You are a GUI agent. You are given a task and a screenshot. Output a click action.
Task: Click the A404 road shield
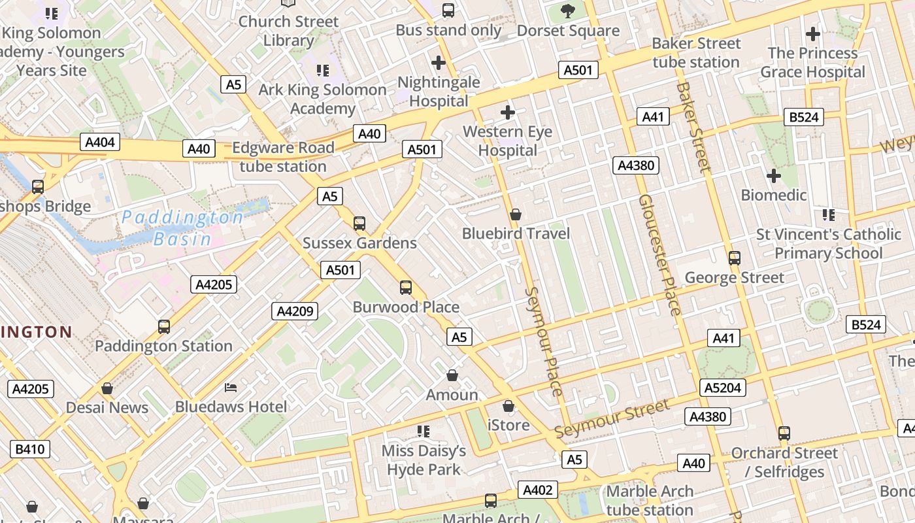[100, 142]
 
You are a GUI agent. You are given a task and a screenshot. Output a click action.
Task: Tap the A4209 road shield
[295, 311]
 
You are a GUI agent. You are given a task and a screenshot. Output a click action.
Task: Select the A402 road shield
[538, 490]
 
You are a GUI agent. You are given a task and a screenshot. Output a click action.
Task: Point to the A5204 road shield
[723, 388]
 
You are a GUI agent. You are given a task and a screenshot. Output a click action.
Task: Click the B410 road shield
[30, 449]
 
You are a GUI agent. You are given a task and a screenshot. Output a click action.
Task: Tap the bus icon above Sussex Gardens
[359, 224]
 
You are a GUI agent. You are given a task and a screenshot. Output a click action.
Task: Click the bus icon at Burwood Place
[406, 288]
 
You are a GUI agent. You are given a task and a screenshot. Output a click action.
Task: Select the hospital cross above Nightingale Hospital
[439, 63]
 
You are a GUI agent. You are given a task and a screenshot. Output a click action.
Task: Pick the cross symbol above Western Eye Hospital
[507, 112]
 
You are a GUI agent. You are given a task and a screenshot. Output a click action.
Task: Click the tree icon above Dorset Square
[568, 11]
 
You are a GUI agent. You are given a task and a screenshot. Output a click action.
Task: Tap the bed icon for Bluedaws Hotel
[231, 388]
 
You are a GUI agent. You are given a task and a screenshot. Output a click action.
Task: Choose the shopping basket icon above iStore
[508, 407]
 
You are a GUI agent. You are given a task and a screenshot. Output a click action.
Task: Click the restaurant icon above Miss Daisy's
[424, 431]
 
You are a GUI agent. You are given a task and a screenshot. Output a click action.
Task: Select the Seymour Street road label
[612, 419]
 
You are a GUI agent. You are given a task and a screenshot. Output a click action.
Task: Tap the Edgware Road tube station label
[283, 157]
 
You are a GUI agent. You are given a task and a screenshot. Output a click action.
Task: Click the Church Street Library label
[288, 31]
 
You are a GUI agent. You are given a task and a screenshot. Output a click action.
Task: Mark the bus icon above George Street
[735, 258]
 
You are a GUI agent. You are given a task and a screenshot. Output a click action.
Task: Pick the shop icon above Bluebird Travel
[516, 214]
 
